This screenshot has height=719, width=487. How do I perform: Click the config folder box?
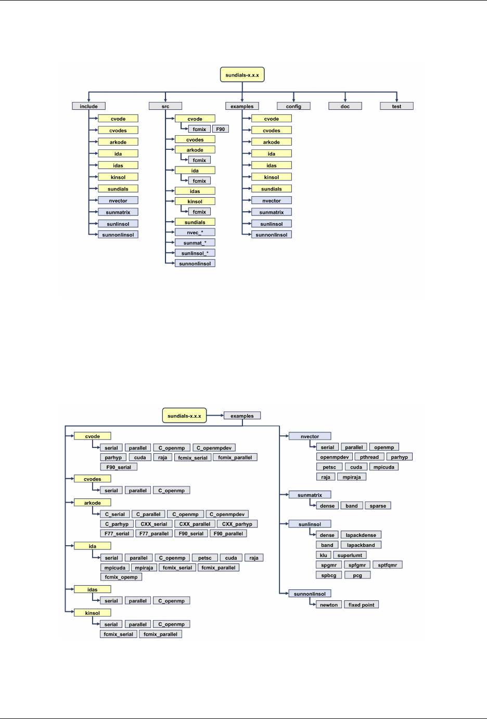293,106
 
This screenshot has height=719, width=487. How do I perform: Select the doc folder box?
345,106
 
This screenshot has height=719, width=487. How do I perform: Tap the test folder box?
396,106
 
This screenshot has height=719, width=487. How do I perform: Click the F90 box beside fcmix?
221,129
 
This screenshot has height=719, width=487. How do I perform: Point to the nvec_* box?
195,233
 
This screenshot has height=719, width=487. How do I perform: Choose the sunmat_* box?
195,243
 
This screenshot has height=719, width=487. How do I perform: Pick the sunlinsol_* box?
195,253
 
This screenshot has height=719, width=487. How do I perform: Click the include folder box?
88,106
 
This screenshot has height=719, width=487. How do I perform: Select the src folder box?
165,106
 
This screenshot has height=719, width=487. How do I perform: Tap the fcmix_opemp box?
121,577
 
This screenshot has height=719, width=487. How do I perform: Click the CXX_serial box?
154,524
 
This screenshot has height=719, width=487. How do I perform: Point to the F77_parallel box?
154,533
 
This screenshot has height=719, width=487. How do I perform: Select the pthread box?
369,457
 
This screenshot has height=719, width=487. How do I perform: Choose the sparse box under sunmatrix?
378,506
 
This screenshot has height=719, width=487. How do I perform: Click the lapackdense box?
361,535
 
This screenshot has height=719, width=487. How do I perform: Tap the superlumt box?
350,555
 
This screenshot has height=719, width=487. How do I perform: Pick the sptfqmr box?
387,565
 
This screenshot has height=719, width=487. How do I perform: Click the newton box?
329,605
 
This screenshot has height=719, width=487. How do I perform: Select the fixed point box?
361,605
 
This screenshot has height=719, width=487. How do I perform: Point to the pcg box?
357,575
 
